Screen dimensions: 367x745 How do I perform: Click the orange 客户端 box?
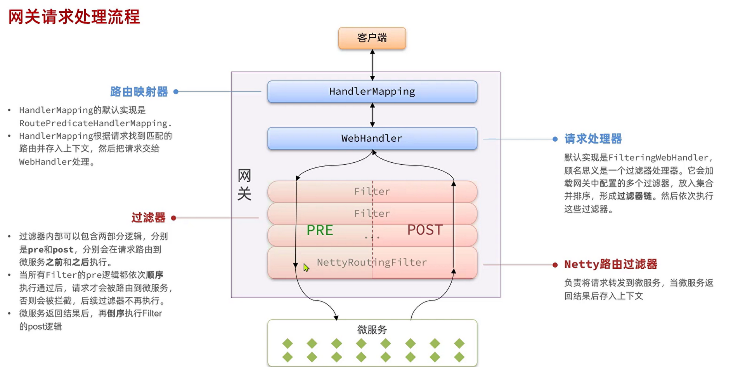[x=372, y=38]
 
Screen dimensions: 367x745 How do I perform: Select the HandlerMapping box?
[x=372, y=92]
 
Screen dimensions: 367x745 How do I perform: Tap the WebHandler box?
[x=372, y=138]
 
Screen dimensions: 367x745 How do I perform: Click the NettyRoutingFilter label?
[x=372, y=263]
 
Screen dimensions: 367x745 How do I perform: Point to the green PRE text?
[x=320, y=230]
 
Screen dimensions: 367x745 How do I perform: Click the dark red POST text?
[x=425, y=230]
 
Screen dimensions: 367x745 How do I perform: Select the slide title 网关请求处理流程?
[x=74, y=17]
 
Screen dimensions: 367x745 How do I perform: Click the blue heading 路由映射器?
[x=139, y=92]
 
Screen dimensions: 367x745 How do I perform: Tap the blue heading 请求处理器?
[x=593, y=139]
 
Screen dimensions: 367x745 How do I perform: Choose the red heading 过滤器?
[x=148, y=217]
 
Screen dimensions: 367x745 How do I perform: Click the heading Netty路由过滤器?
[x=611, y=264]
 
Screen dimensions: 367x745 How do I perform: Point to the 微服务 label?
[x=372, y=330]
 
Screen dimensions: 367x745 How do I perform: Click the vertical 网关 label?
[x=244, y=184]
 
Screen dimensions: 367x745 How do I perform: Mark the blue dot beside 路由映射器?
[x=176, y=92]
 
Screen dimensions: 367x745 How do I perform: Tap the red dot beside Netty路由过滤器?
[x=555, y=265]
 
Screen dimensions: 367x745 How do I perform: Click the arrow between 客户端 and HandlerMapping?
[x=372, y=65]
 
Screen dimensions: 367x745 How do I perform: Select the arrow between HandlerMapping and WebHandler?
[x=372, y=115]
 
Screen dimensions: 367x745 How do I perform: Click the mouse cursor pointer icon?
[x=306, y=267]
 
